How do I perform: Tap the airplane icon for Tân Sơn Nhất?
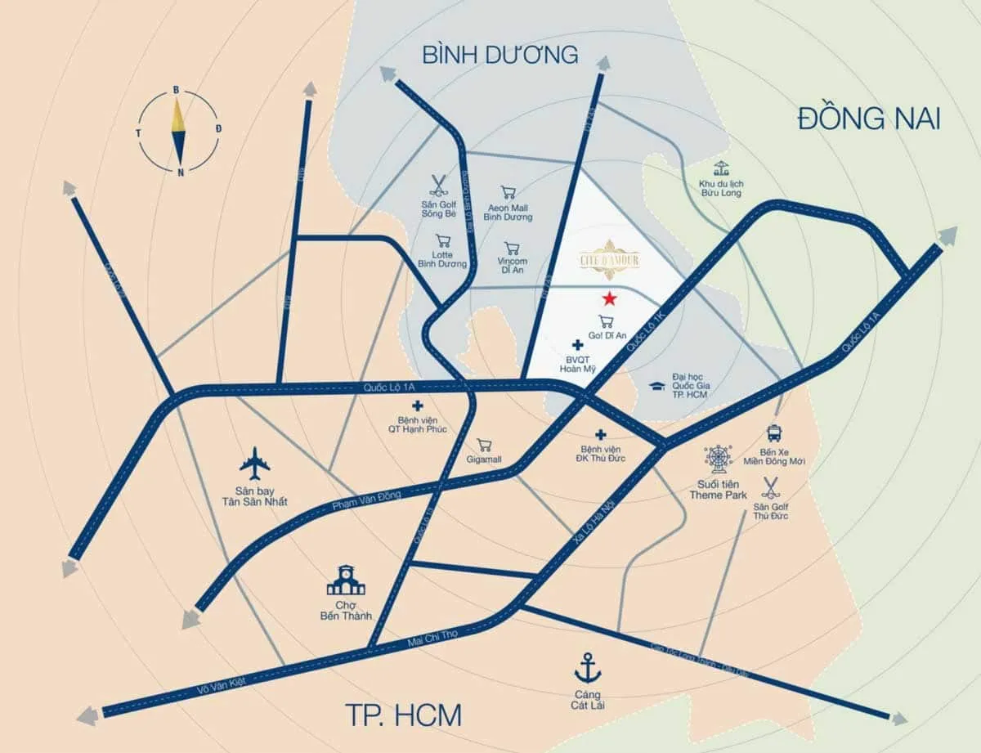click(255, 464)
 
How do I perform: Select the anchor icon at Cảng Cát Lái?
click(587, 668)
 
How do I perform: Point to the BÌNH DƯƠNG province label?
click(500, 55)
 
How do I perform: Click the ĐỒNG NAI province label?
click(869, 119)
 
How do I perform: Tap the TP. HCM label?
click(400, 715)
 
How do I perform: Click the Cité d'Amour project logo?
click(609, 259)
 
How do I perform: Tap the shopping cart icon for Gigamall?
click(484, 446)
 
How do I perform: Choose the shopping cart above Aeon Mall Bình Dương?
click(508, 193)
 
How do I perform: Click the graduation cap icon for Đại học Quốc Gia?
click(656, 386)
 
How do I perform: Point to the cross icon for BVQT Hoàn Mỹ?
click(577, 346)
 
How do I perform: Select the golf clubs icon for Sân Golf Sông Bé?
click(439, 184)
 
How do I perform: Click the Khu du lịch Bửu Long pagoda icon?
click(720, 170)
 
